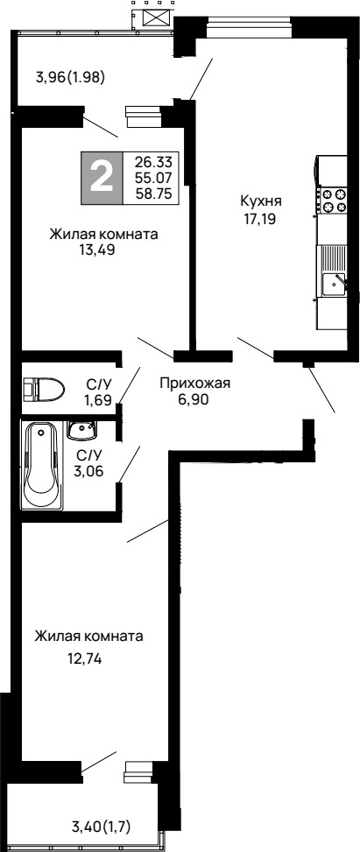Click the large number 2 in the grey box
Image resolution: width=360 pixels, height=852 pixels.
pos(102,178)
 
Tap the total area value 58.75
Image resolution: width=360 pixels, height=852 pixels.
pos(151,194)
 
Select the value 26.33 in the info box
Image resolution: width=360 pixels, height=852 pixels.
pos(151,162)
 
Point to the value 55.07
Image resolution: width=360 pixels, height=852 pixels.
pos(151,178)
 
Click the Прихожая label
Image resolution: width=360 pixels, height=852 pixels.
pos(194,382)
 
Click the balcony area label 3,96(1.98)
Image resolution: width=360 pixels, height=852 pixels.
pos(70,76)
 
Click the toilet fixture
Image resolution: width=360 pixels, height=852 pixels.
pos(43,387)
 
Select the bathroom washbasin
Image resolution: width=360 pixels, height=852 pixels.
pos(81,430)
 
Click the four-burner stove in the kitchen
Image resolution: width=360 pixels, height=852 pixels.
pos(332,201)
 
